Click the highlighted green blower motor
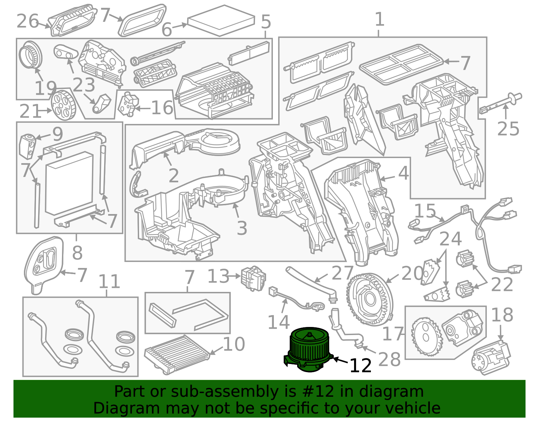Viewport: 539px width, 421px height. (x=309, y=350)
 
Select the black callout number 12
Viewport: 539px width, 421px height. (x=360, y=365)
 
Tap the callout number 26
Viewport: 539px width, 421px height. (x=28, y=21)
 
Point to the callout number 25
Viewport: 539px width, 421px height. (x=508, y=129)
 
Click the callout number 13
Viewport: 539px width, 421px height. (x=218, y=276)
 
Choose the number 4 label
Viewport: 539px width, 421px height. (x=404, y=173)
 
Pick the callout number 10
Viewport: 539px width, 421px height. (x=234, y=344)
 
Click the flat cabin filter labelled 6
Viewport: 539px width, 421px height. (x=221, y=21)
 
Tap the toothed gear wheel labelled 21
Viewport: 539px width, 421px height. (x=63, y=105)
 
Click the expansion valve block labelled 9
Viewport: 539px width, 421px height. (x=28, y=146)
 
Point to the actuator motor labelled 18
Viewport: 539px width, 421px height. (x=491, y=357)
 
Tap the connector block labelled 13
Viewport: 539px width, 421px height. (x=253, y=278)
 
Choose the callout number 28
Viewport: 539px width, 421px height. (x=389, y=359)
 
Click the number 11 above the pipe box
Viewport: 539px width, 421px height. (x=109, y=281)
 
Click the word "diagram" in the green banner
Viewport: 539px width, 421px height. (x=391, y=392)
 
